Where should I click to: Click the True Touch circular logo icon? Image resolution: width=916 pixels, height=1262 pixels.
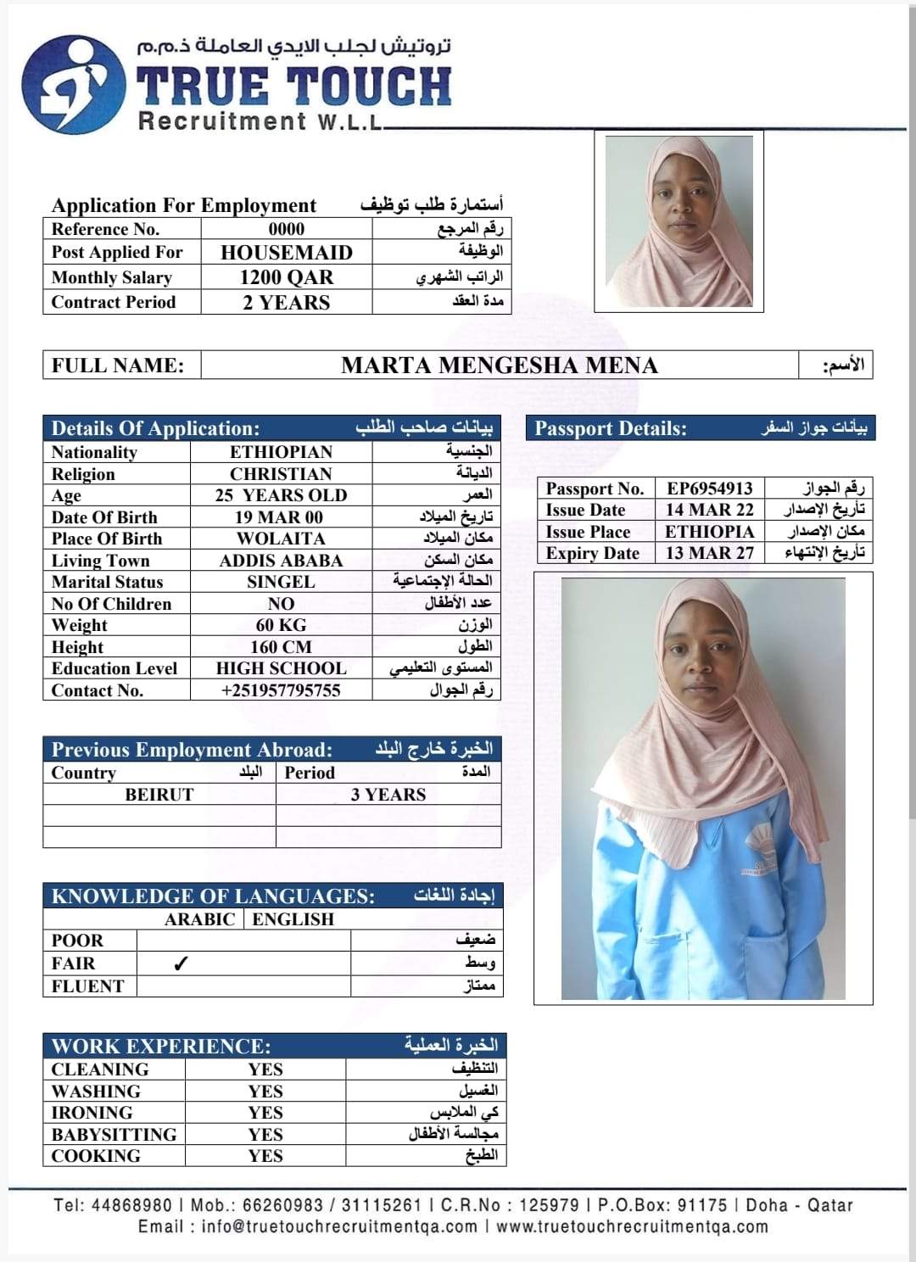pos(67,85)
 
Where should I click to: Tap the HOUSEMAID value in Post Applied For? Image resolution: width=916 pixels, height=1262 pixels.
pos(286,253)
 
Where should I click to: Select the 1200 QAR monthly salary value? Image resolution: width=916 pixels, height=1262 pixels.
pos(286,277)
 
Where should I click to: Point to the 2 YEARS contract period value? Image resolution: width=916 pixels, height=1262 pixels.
pos(286,303)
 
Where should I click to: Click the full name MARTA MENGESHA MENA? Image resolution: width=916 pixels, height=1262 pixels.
pos(499,366)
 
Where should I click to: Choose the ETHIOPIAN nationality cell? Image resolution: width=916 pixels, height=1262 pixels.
pos(281,452)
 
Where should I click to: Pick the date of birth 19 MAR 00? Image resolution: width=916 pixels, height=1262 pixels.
pos(279,517)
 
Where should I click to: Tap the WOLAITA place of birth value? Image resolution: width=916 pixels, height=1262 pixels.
pos(281,539)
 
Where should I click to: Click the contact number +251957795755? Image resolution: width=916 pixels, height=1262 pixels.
pos(281,690)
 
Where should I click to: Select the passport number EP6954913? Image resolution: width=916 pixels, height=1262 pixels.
pos(709,489)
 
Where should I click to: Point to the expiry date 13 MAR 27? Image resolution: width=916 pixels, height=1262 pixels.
pos(709,553)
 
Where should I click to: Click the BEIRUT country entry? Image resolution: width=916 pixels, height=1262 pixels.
pos(159,795)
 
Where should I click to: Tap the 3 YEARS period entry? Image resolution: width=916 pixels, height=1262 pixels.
pos(388,795)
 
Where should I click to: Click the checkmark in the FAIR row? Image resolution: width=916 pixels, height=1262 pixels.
pos(180,963)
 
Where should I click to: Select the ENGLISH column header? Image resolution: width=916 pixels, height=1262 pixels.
pos(293,919)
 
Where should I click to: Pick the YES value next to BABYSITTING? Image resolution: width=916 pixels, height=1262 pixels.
pos(265,1135)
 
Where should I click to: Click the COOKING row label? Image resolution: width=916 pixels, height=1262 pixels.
pos(96,1156)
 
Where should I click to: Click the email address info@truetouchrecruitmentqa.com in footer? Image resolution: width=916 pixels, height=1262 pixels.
pos(339,1226)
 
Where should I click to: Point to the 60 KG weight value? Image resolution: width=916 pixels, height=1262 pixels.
pos(281,625)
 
